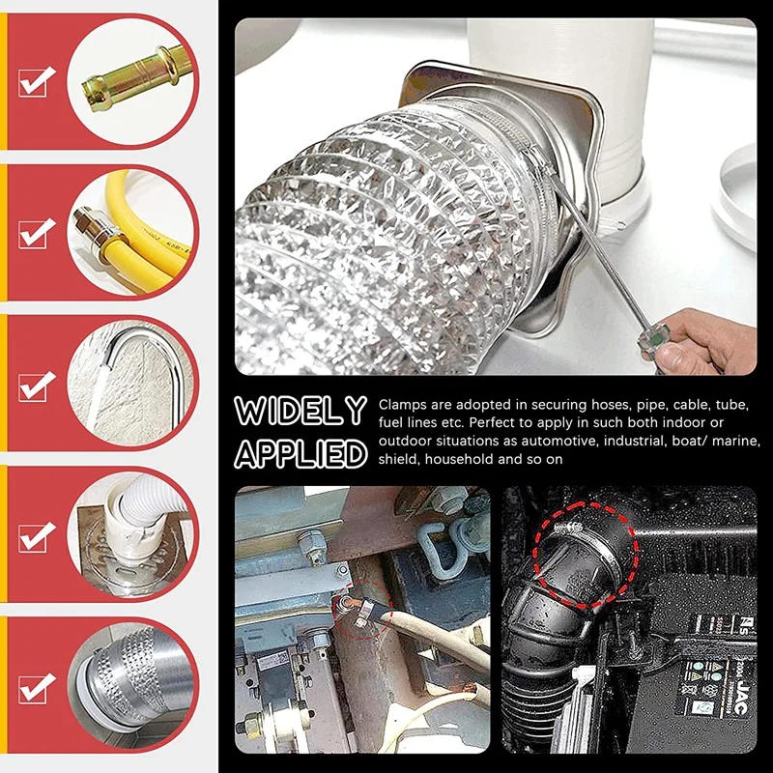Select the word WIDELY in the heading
point(301,411)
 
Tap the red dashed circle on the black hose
point(586,555)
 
